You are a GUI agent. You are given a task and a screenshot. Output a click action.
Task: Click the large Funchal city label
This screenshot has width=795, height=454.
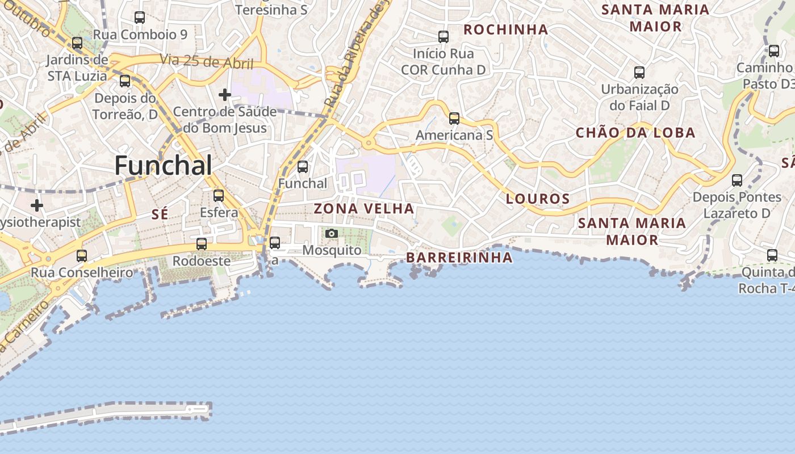click(164, 166)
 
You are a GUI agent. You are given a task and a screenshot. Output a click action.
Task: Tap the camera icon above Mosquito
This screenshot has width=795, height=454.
click(332, 233)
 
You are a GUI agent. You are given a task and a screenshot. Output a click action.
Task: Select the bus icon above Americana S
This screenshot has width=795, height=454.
click(454, 119)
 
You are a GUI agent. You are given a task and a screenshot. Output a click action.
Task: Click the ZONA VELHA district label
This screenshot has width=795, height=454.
click(364, 209)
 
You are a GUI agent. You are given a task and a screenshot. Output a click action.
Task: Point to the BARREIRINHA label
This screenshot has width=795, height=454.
click(459, 258)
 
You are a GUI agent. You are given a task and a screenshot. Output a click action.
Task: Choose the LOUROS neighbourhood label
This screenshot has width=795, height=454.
click(537, 199)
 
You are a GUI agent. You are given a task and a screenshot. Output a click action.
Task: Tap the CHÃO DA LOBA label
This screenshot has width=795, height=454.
click(635, 133)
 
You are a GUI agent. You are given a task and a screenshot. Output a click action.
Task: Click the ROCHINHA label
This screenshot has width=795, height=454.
click(506, 30)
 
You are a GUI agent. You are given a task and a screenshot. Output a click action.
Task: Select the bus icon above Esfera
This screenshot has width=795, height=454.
click(219, 196)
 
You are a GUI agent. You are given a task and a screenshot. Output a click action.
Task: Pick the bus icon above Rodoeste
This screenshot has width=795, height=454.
click(202, 244)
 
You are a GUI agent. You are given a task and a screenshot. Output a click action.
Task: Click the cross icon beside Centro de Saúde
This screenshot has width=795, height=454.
click(225, 94)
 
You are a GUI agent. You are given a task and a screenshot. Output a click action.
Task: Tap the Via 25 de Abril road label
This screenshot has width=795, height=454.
click(207, 61)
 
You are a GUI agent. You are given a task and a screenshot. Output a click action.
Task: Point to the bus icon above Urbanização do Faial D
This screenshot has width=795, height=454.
click(639, 73)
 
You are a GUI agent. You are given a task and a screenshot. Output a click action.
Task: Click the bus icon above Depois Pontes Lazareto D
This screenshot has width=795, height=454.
click(737, 180)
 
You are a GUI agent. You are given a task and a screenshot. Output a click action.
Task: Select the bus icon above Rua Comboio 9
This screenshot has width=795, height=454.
click(140, 18)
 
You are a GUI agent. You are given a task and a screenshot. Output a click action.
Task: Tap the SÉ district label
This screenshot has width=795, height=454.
click(160, 214)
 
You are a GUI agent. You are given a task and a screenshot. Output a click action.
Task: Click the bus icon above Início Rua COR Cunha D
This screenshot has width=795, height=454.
click(443, 37)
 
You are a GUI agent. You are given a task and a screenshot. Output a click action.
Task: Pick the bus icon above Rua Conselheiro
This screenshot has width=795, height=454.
click(82, 255)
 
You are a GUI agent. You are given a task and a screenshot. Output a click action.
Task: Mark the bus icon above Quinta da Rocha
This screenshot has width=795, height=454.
click(772, 255)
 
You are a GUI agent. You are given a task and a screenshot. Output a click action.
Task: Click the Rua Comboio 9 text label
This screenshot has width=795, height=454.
click(140, 35)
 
